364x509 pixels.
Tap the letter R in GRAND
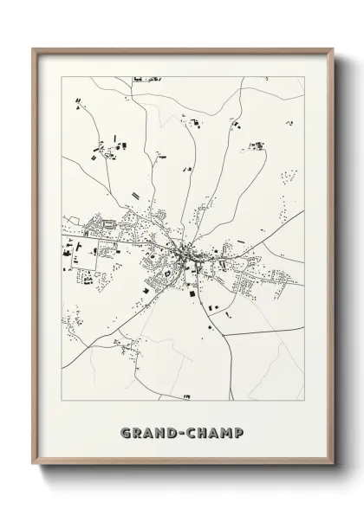pyautogui.click(x=137, y=429)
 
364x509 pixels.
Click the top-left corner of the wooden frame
pyautogui.click(x=34, y=48)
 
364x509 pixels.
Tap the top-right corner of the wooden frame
pyautogui.click(x=333, y=48)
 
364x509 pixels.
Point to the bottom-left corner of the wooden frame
pyautogui.click(x=34, y=475)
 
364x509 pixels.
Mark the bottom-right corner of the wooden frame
pyautogui.click(x=333, y=475)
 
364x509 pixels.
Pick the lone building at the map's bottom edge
pyautogui.click(x=186, y=396)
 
